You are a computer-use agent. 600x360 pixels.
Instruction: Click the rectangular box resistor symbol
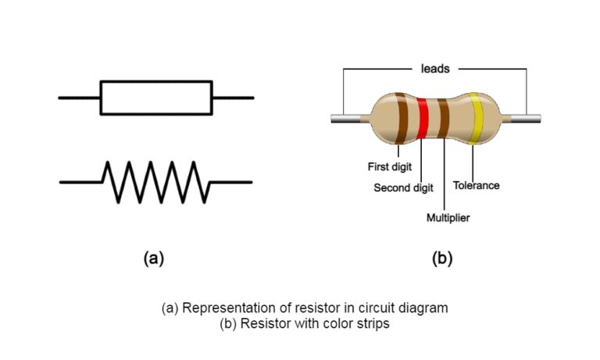point(156,98)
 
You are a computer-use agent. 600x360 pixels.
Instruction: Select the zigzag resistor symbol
point(156,181)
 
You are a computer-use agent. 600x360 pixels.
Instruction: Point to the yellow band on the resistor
point(473,119)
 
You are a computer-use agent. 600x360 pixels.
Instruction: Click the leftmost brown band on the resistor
point(401,119)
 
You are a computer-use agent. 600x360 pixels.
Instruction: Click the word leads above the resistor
point(435,69)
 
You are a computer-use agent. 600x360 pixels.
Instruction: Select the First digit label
point(390,166)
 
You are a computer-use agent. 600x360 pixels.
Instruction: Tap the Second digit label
point(403,188)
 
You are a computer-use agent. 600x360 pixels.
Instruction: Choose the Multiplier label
point(448,217)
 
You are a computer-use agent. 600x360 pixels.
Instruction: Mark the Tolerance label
point(476,186)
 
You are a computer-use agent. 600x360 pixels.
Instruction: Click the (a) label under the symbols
point(153,258)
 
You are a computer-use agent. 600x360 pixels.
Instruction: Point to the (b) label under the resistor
point(442,258)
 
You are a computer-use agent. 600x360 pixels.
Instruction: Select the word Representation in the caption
point(227,308)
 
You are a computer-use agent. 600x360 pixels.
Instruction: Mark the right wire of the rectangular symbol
point(233,98)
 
